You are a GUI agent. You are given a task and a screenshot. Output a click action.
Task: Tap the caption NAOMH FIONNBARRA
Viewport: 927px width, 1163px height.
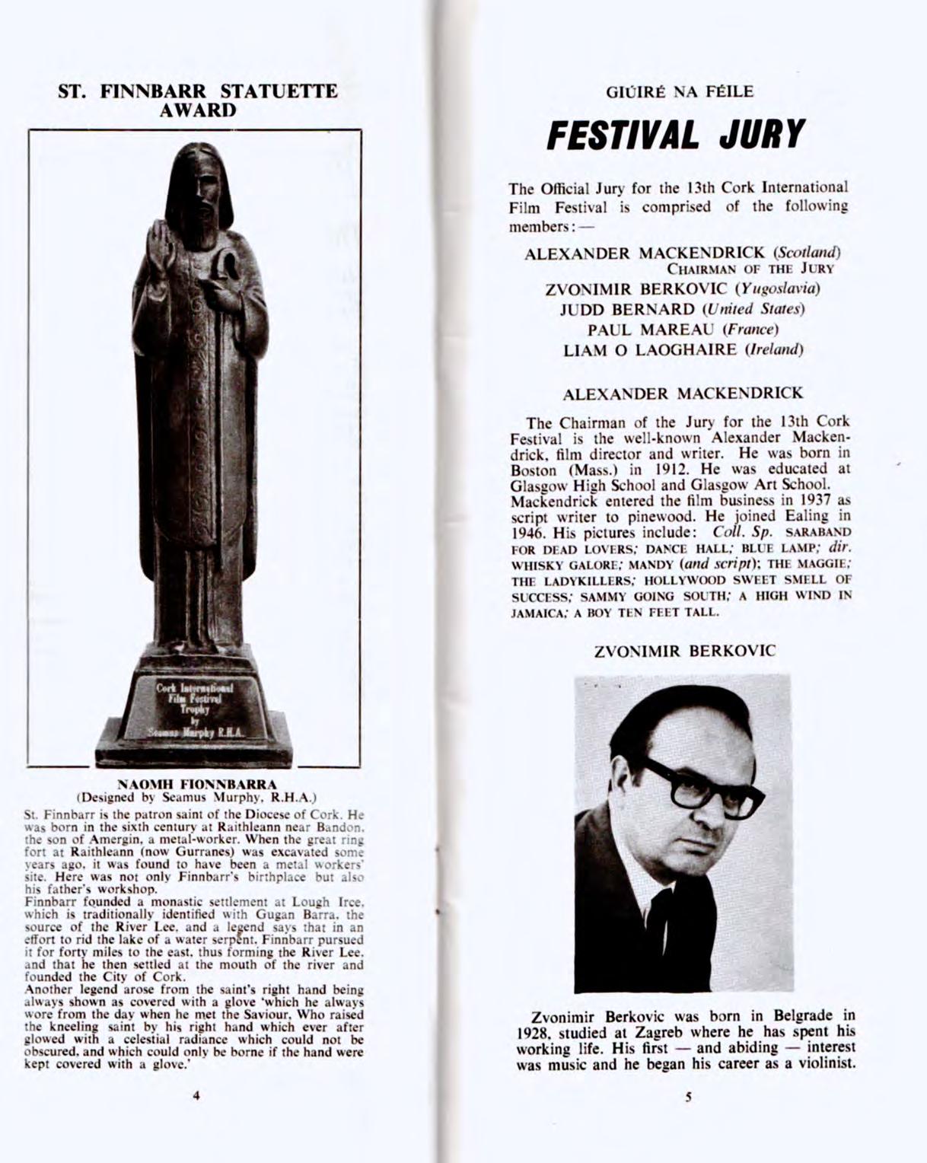[x=197, y=783]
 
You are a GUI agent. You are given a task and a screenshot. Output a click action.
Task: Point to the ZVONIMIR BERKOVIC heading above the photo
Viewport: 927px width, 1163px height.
[x=684, y=652]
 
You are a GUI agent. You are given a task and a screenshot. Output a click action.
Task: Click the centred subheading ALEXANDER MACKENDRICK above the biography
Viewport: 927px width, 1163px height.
[x=683, y=394]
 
